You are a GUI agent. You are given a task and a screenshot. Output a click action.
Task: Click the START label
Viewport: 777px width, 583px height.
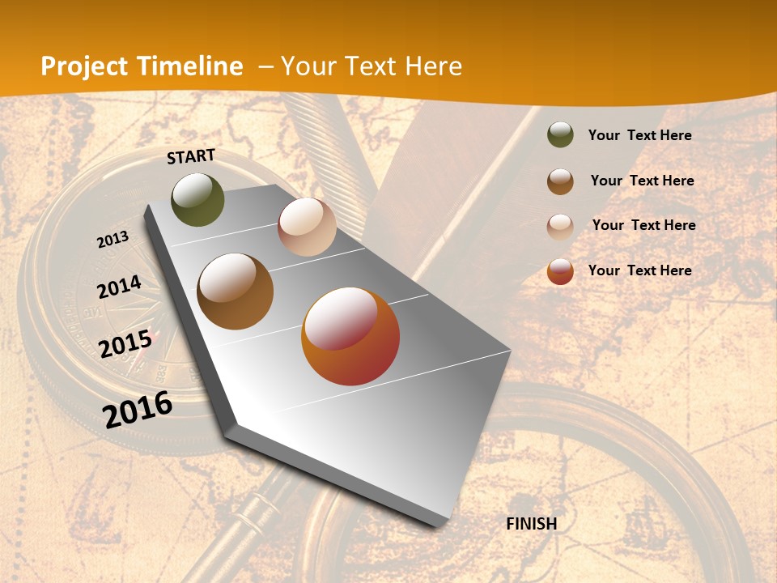191,156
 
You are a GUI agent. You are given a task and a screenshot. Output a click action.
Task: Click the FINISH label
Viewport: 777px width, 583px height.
532,524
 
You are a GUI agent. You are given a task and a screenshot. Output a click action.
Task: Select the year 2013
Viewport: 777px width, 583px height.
113,240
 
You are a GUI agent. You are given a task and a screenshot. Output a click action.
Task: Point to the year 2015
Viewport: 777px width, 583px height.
125,344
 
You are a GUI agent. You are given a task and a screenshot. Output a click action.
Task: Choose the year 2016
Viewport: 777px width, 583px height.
138,409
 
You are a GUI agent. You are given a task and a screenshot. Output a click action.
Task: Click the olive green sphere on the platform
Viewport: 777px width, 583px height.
197,199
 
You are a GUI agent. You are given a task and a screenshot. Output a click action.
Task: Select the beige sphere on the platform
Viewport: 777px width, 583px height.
307,227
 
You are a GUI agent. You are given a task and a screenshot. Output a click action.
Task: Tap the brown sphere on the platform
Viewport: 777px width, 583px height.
235,291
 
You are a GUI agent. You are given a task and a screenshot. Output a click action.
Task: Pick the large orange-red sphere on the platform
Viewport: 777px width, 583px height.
350,336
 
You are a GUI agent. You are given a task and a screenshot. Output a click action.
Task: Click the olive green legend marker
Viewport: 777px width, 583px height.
560,134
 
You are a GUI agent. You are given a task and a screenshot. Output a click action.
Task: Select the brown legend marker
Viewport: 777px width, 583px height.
560,181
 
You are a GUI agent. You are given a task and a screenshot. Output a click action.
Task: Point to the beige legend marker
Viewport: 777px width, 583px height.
560,226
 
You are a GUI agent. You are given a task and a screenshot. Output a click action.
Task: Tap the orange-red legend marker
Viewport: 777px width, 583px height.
560,271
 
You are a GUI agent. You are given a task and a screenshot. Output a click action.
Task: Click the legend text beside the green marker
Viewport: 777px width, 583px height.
639,135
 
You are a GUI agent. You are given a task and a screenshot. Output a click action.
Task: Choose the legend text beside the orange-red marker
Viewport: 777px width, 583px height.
639,270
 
